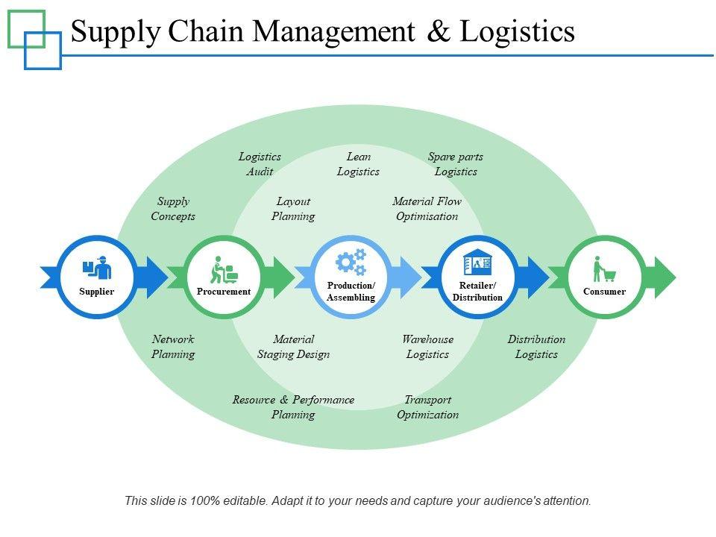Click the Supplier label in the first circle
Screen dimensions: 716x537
(x=96, y=292)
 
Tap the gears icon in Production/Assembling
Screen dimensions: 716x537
(x=351, y=262)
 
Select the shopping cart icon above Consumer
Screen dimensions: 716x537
(x=604, y=269)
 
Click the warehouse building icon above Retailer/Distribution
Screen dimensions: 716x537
(x=477, y=262)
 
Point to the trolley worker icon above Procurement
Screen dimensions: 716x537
(x=224, y=269)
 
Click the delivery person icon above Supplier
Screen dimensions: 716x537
(x=97, y=268)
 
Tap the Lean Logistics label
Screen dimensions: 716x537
(x=358, y=164)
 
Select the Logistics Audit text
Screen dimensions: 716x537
(x=260, y=164)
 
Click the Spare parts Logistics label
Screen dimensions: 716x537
(x=455, y=164)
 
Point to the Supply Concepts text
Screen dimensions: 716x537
(x=173, y=209)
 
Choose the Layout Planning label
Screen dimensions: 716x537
(x=293, y=209)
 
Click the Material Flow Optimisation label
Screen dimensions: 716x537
(x=427, y=209)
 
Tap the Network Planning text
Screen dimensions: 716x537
(x=173, y=347)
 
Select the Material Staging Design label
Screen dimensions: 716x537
(x=293, y=347)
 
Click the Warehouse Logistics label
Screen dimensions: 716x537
(x=427, y=347)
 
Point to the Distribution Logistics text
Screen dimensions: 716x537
(x=536, y=347)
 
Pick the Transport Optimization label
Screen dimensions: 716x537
(x=428, y=407)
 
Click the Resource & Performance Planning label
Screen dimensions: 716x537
(x=293, y=407)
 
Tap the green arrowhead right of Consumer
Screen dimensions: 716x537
(x=665, y=277)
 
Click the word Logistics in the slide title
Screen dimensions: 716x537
(x=517, y=32)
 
